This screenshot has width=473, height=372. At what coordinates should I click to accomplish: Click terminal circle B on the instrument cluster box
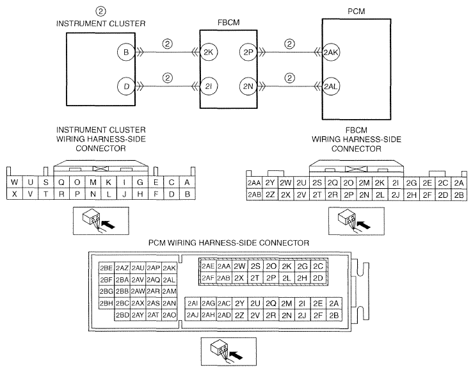[x=126, y=53]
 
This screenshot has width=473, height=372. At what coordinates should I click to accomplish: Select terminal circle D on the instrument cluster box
[x=126, y=86]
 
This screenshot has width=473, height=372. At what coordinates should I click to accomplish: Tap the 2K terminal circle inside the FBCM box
[x=209, y=53]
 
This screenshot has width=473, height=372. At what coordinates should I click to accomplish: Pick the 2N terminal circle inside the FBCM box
[x=248, y=86]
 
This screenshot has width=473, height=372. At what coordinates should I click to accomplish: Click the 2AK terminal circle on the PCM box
[x=331, y=53]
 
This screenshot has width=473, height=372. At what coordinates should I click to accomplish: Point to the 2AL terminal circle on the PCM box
[x=331, y=86]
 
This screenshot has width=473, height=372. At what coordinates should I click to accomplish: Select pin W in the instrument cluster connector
[x=14, y=182]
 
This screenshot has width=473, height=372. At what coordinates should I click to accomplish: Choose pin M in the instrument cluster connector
[x=93, y=182]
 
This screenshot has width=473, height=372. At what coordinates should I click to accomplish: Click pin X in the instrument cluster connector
[x=14, y=194]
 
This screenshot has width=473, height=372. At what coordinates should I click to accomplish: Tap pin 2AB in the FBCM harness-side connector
[x=254, y=195]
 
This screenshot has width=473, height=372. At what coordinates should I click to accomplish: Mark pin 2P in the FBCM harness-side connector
[x=349, y=195]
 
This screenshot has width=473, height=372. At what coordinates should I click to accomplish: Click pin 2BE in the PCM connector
[x=106, y=268]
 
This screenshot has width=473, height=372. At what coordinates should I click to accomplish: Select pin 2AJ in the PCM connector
[x=193, y=315]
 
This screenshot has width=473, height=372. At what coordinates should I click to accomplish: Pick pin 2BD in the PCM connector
[x=122, y=315]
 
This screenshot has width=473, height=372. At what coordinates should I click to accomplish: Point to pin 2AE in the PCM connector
[x=208, y=266]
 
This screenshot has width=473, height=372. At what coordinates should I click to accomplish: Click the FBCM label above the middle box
[x=228, y=22]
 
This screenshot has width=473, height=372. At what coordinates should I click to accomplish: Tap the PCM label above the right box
[x=357, y=12]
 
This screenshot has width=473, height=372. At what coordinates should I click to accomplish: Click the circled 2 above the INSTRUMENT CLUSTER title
[x=100, y=12]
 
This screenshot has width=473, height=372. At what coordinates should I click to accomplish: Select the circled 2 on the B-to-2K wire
[x=168, y=44]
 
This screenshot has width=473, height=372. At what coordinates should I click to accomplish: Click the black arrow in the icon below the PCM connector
[x=236, y=355]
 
